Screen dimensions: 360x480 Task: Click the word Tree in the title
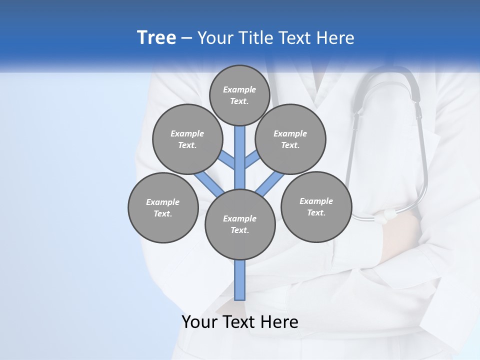(x=156, y=38)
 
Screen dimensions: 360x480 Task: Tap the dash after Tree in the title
(x=186, y=38)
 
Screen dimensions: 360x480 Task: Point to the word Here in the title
(x=336, y=38)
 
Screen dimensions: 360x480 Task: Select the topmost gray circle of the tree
(x=239, y=95)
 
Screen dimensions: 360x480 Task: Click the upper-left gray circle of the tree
(x=187, y=139)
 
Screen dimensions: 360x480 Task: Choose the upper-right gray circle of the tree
(x=290, y=139)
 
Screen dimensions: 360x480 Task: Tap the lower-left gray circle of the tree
(x=163, y=207)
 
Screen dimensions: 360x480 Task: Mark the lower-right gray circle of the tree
(x=316, y=206)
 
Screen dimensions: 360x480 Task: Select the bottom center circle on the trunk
(x=240, y=224)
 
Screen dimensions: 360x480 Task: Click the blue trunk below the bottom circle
(x=240, y=280)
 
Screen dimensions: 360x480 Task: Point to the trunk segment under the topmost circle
(x=240, y=150)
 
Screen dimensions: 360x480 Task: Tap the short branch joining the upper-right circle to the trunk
(x=251, y=160)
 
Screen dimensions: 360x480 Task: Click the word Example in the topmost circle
(x=239, y=90)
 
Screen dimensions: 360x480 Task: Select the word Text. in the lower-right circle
(x=316, y=212)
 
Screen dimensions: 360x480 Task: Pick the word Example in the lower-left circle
(x=163, y=202)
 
